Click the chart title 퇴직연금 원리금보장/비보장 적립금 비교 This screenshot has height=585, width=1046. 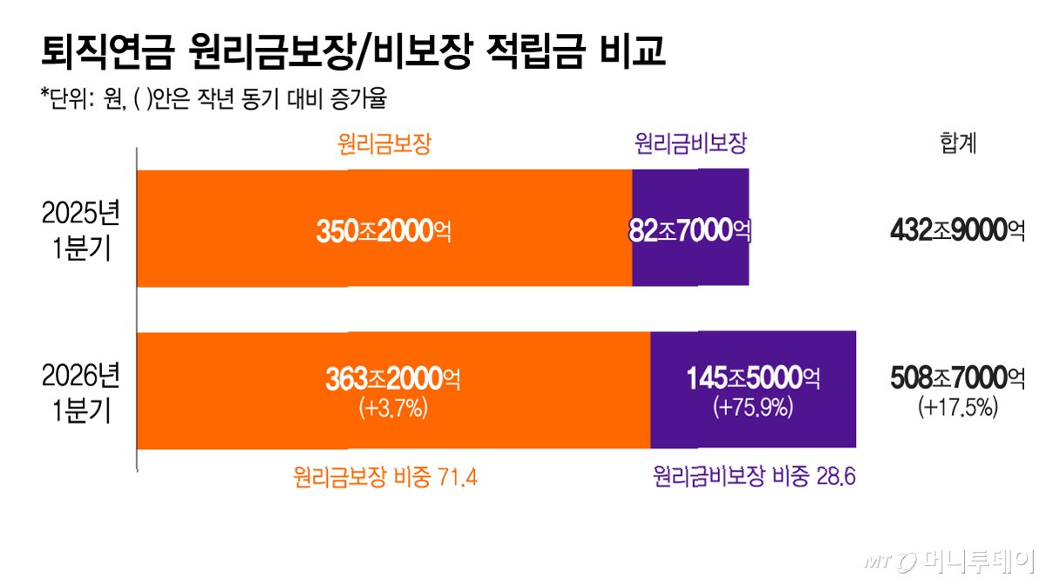coord(353,51)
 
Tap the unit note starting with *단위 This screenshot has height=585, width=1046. coord(214,99)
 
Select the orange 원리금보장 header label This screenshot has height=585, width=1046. coord(384,144)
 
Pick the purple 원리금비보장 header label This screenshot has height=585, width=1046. coord(690,143)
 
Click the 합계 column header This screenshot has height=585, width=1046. coord(958,143)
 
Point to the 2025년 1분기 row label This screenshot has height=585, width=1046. coord(81,230)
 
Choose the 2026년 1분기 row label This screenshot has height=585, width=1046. coord(81,392)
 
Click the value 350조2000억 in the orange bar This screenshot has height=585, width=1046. coord(384,231)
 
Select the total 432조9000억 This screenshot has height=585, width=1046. coord(958,230)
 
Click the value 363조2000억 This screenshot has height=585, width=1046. coord(393,378)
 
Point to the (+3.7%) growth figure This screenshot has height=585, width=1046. coord(393,408)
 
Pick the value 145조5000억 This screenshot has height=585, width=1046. coord(753,378)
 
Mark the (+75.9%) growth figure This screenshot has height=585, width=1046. coord(753,406)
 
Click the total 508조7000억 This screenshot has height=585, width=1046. coord(958,378)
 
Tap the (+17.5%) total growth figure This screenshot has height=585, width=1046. coord(958,406)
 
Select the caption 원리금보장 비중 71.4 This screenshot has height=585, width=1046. coord(385,477)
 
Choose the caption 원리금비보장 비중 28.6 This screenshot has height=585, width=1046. coord(754,477)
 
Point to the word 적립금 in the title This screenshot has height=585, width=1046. coord(535,51)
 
